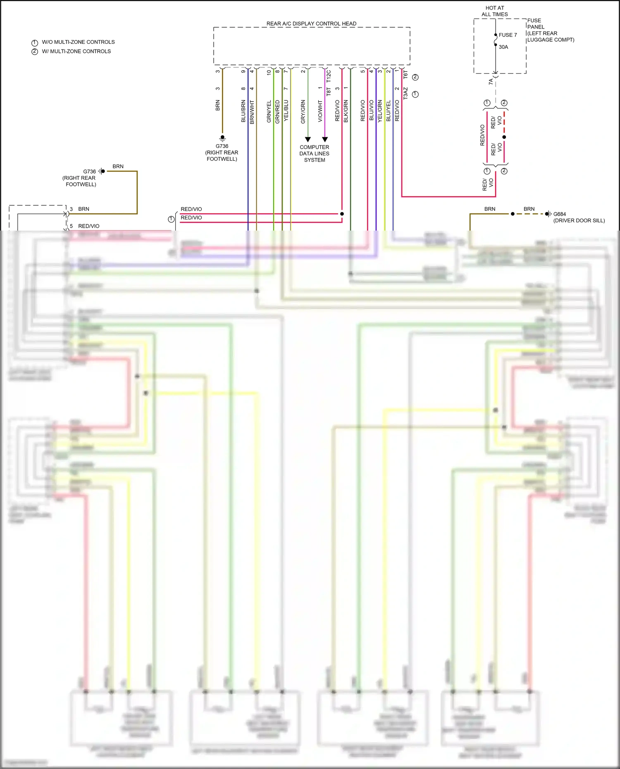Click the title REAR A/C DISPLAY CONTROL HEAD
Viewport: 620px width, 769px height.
coord(311,24)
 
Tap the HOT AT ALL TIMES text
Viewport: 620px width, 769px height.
coord(494,11)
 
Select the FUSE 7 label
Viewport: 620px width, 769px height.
coord(508,35)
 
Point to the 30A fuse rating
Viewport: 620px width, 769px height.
coord(503,47)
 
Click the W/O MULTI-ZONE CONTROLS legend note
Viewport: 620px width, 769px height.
coord(78,42)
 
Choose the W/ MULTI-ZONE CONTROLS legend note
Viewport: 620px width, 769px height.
coord(76,51)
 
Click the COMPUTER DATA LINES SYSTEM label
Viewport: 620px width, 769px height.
coord(314,153)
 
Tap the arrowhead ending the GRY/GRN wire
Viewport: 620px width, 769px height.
coord(308,139)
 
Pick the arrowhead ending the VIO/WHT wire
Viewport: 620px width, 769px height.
coord(325,139)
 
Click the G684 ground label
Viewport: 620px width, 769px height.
coord(559,214)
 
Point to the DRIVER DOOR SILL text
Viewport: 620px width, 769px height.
coord(579,221)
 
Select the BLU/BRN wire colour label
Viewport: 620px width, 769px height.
coord(243,111)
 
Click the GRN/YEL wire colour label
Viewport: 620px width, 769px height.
coord(269,111)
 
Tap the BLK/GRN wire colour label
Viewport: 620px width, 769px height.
coord(346,111)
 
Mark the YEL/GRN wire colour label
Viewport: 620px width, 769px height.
coord(380,111)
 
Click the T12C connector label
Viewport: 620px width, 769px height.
coord(329,76)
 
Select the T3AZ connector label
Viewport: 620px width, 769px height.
coord(405,93)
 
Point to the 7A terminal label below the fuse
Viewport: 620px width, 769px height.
coord(491,82)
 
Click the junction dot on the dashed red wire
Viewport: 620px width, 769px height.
coord(504,137)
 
